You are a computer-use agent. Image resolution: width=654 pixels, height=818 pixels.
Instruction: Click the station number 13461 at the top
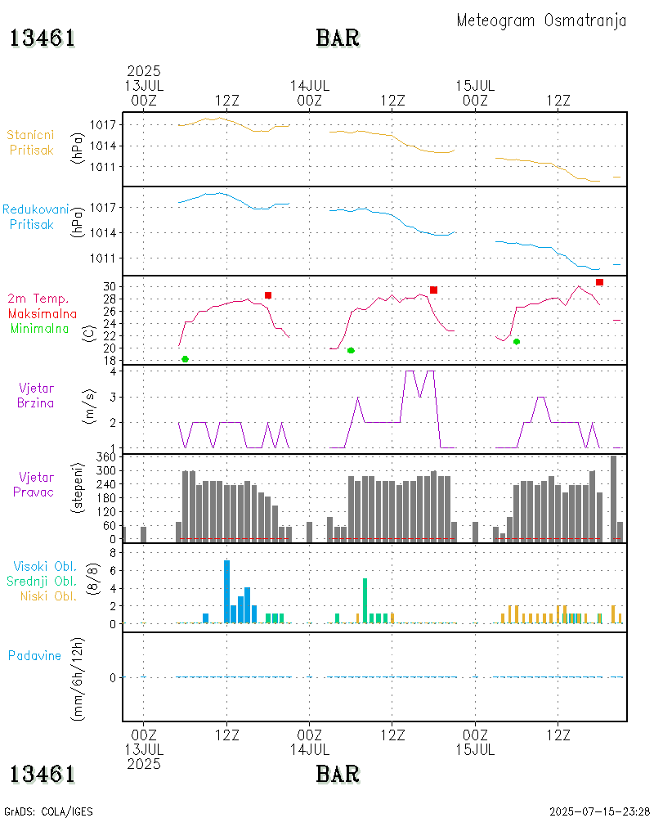pos(43,38)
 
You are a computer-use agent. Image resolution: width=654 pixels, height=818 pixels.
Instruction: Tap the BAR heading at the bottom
pos(338,773)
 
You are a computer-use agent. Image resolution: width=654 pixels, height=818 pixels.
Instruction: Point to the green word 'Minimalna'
pos(40,329)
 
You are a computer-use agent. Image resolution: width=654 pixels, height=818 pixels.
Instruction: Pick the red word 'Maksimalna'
pos(43,313)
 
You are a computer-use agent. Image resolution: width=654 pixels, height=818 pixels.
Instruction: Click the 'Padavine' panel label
pos(34,655)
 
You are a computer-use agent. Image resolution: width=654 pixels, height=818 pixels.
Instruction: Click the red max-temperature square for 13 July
pos(268,295)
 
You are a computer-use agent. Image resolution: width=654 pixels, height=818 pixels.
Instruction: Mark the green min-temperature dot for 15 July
pos(517,341)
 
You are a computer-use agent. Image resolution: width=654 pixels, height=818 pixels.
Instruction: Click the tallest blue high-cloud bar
pos(226,591)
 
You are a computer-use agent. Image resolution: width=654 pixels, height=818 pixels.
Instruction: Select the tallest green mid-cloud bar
pos(365,600)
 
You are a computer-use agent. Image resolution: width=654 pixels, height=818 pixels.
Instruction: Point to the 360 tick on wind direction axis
pos(107,457)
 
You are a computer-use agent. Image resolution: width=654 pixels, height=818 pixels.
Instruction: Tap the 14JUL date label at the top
pos(310,85)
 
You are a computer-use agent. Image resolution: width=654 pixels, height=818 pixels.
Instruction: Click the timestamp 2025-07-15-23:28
pos(599,811)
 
